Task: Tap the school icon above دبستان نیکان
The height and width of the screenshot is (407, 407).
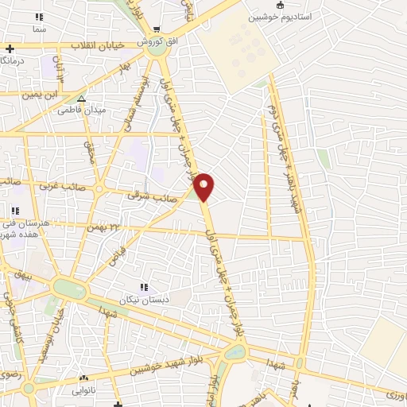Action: [144, 288]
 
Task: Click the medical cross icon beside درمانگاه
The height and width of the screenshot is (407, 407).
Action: [9, 48]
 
